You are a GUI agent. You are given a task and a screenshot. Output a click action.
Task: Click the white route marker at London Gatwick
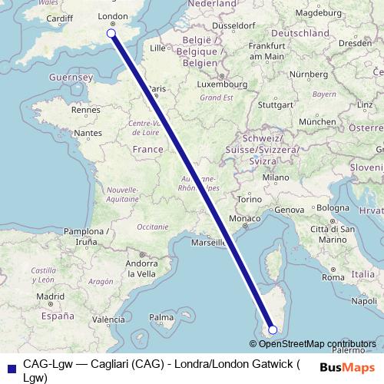click(x=111, y=33)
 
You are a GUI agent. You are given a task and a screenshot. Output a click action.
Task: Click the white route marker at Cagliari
click(x=273, y=329)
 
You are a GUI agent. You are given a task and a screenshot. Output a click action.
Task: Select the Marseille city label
click(x=208, y=243)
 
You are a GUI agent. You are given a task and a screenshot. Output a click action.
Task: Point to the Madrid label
click(x=49, y=296)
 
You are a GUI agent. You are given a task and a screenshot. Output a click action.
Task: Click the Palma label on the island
click(x=161, y=316)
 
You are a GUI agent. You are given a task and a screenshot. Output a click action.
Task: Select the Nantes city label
click(x=88, y=133)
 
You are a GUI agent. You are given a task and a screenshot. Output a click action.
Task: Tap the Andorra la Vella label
click(x=142, y=267)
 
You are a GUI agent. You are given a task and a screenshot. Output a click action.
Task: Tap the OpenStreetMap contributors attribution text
click(x=317, y=344)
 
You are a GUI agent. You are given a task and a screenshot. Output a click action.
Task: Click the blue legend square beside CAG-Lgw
click(x=11, y=367)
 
